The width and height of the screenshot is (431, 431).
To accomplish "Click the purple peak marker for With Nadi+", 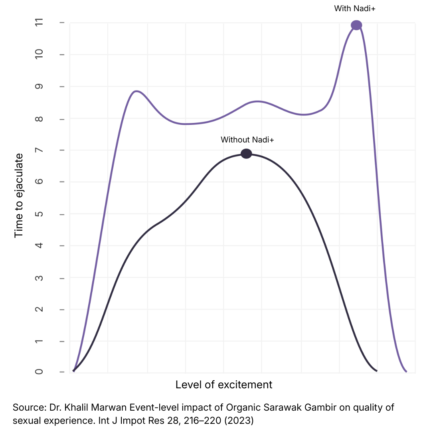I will [x=356, y=25].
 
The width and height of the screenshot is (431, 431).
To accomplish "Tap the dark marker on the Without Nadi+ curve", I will [x=247, y=154].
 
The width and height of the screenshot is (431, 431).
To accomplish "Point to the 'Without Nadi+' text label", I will [x=247, y=140].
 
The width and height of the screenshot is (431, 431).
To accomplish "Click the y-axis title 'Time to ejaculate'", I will [x=19, y=196].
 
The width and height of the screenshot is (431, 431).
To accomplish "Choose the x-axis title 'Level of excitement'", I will [x=224, y=385].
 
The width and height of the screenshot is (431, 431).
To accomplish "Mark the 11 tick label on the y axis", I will [x=39, y=23].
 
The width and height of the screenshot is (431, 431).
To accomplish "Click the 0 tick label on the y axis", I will [x=39, y=372].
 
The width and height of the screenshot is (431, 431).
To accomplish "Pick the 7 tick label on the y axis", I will [x=39, y=150].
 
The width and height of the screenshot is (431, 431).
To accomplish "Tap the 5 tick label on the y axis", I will [x=39, y=214].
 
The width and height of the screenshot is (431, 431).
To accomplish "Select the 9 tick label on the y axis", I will [x=39, y=87].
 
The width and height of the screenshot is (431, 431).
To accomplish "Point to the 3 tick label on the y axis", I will [x=39, y=278].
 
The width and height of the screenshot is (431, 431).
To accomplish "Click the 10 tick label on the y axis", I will [x=39, y=55].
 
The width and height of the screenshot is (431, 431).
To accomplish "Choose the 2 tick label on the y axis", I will [x=39, y=309].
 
